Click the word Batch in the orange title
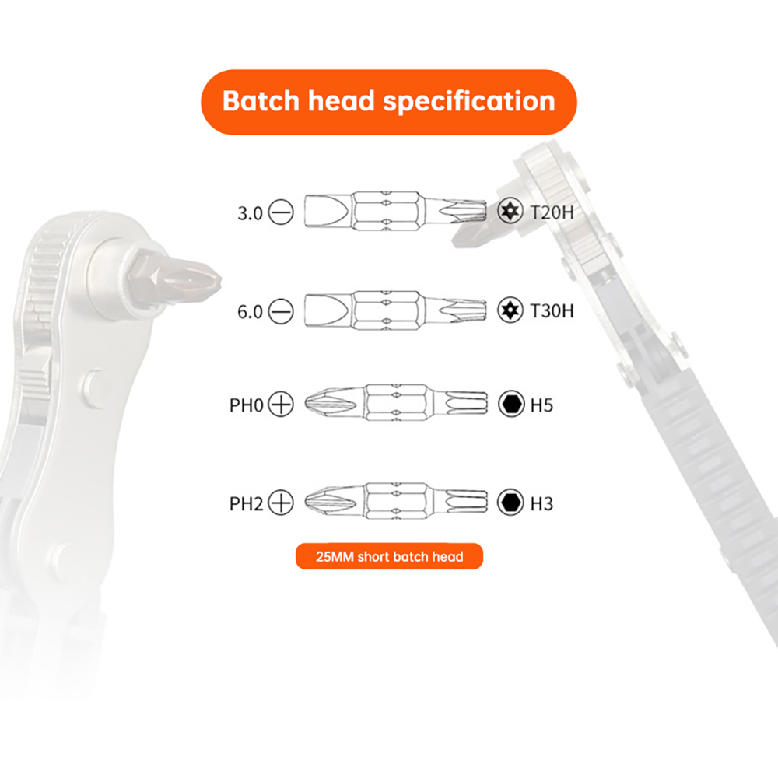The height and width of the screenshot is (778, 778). coord(261,101)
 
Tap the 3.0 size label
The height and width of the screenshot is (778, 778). coord(250,213)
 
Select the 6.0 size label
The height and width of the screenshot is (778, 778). coord(250,312)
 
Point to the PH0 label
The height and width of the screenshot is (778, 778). coord(246,405)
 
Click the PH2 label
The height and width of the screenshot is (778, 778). coord(246,503)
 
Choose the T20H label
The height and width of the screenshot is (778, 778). coord(552,213)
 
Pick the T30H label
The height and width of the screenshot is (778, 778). coord(552,311)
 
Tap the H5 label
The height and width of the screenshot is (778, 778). coord(541,405)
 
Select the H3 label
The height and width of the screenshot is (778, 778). coord(541,503)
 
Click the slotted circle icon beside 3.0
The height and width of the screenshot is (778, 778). coord(281,212)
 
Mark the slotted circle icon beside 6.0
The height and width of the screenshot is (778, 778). coord(281,311)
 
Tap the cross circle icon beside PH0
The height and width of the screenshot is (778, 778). coord(281,404)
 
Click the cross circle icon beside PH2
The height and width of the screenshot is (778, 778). coord(281,502)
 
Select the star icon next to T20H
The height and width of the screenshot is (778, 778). coord(510,211)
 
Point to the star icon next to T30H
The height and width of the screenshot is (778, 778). coord(510,310)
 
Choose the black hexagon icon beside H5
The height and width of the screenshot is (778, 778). coord(511,403)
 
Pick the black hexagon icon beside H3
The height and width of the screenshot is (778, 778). coord(510,502)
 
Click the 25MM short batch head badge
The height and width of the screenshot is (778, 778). coord(389,556)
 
